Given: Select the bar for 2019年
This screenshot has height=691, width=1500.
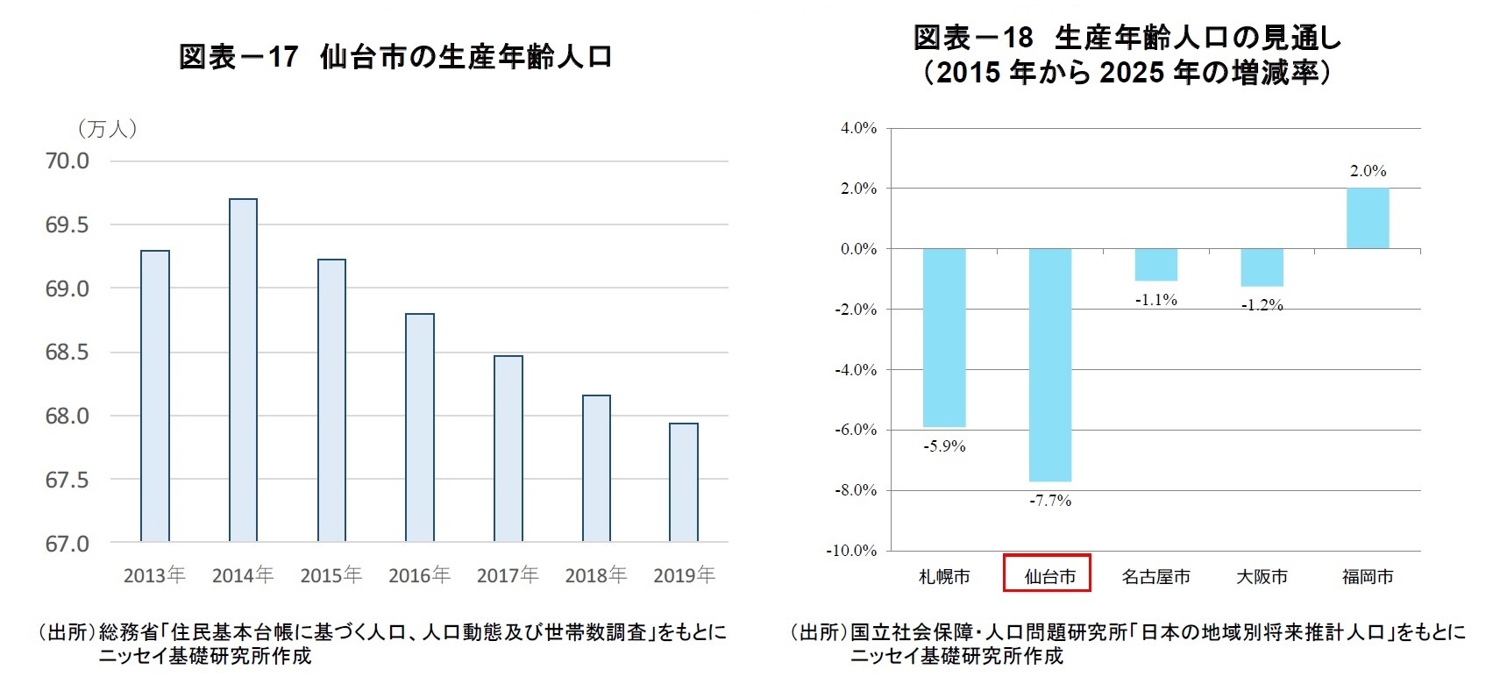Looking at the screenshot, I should (x=684, y=482).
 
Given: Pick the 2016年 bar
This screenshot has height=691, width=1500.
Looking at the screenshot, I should (x=420, y=427).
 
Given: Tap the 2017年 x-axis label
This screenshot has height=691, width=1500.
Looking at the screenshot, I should (x=508, y=575).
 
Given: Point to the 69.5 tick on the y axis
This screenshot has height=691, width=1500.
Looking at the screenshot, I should (x=68, y=225).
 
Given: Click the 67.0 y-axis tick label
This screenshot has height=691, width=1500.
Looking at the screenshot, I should (x=68, y=544).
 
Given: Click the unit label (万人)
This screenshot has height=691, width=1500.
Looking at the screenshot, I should (x=107, y=129).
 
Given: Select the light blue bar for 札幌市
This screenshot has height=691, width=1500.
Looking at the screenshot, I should (x=944, y=338).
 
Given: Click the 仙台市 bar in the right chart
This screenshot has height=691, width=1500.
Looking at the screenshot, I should (x=1049, y=364).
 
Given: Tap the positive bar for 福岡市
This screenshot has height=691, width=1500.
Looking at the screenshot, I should (x=1368, y=218).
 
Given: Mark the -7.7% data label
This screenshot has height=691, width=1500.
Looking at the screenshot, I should (x=1050, y=501).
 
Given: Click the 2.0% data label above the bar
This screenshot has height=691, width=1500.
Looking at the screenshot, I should (x=1368, y=171).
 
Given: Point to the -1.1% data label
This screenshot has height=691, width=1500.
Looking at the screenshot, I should (x=1155, y=300).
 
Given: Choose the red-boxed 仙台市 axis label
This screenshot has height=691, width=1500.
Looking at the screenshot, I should (x=1048, y=575).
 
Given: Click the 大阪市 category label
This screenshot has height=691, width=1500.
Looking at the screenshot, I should (x=1262, y=576).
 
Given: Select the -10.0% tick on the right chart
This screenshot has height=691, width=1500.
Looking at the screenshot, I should (x=851, y=551).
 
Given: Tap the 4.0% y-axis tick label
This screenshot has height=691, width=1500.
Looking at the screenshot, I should (x=858, y=128).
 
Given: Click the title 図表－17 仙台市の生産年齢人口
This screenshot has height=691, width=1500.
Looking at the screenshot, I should (x=395, y=57).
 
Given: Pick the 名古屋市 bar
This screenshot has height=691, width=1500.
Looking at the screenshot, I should (x=1155, y=265).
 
